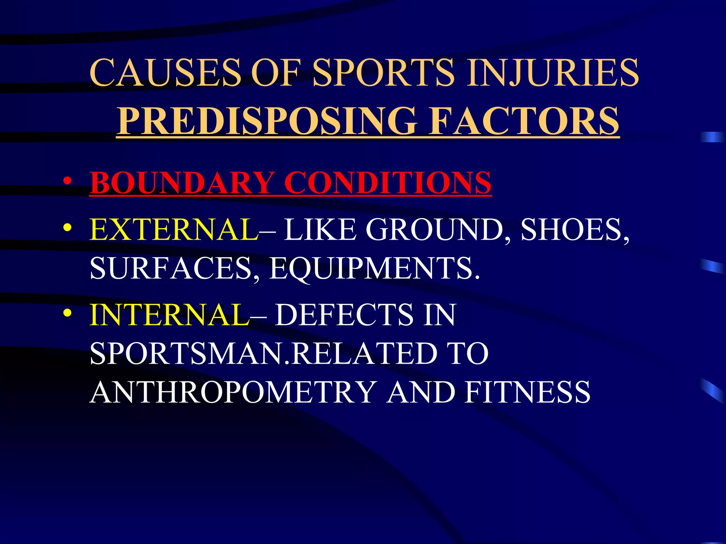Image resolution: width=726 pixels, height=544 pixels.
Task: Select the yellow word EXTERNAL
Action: click(174, 230)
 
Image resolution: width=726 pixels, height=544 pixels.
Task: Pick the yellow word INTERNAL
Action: click(169, 315)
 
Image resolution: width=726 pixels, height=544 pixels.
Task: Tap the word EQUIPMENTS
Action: click(374, 268)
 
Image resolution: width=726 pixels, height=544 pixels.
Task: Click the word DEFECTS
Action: click(344, 315)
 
